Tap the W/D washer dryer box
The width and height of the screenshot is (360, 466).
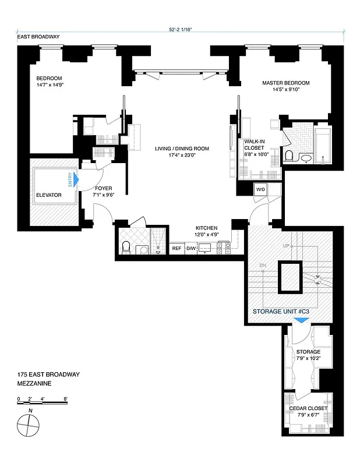(260, 189)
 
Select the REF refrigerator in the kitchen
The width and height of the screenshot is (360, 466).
(177, 249)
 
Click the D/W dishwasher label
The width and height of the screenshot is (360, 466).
(192, 249)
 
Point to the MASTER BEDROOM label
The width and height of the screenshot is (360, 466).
(286, 83)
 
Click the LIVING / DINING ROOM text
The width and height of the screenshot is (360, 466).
(182, 149)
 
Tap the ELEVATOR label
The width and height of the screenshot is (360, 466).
(48, 195)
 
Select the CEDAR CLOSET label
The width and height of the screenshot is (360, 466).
(308, 408)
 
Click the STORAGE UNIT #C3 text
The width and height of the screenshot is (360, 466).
(280, 312)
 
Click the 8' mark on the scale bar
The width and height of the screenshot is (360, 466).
(66, 398)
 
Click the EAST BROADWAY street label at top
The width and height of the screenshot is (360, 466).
(38, 37)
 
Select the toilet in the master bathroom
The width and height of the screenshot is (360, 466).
(288, 156)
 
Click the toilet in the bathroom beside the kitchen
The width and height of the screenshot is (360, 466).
(126, 248)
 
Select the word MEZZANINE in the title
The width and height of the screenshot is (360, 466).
(34, 384)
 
